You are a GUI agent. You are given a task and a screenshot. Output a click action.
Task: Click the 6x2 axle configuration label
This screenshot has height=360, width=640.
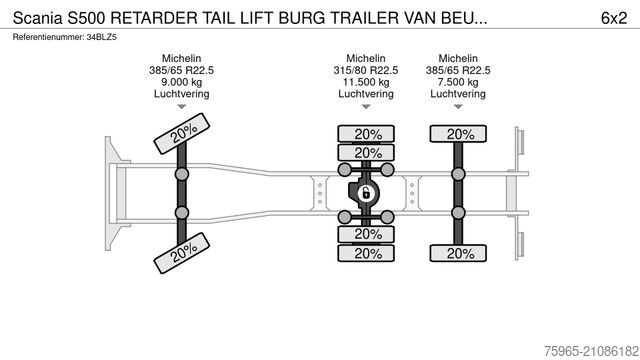tap(614, 16)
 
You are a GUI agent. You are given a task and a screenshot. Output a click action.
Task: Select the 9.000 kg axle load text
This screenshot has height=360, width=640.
tap(181, 83)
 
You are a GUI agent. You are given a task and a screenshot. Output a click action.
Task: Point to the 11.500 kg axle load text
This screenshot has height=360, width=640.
tap(367, 83)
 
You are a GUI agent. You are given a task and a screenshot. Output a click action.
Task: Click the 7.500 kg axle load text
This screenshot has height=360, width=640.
tap(457, 83)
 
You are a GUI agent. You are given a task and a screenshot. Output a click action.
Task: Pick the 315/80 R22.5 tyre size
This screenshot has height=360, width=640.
tap(367, 71)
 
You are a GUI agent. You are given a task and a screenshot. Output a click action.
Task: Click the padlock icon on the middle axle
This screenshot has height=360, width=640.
tap(366, 193)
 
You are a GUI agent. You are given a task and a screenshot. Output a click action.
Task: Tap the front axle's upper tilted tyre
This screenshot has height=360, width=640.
tap(180, 134)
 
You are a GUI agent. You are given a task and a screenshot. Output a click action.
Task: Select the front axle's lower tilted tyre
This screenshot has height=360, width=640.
tap(180, 253)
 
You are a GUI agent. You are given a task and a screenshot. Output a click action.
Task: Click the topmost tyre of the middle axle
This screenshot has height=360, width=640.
tap(367, 134)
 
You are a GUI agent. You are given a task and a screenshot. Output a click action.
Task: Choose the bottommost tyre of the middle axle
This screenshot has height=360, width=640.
tap(367, 253)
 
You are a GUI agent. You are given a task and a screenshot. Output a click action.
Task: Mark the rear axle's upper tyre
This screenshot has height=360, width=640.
tap(459, 134)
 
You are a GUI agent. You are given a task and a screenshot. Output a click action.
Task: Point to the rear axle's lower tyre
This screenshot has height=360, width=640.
tap(459, 253)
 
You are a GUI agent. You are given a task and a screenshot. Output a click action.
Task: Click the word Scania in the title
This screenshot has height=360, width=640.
tap(38, 16)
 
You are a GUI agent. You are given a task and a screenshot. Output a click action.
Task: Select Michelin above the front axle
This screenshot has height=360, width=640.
tap(181, 59)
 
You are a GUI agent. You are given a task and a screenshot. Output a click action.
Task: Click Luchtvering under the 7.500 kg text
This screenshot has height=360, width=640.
tap(457, 95)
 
